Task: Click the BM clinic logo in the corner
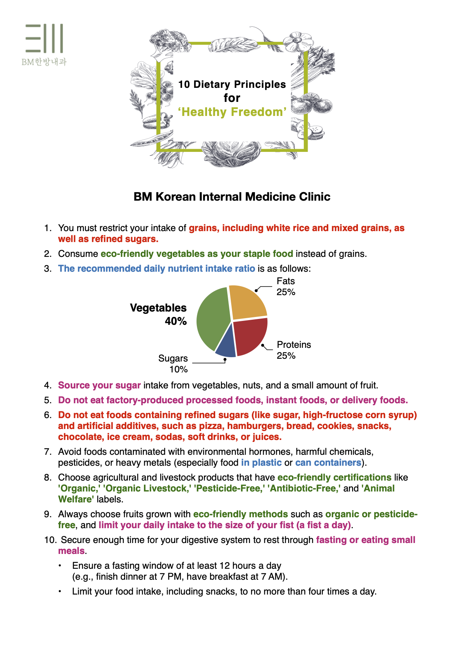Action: (x=44, y=44)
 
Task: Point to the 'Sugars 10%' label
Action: (x=173, y=363)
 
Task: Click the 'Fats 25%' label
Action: (x=286, y=287)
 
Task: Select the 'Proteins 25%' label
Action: (x=294, y=350)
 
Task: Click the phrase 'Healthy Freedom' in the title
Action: (x=232, y=112)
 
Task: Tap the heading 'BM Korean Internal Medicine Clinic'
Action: (x=232, y=196)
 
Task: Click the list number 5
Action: (x=48, y=400)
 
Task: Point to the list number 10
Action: (x=51, y=540)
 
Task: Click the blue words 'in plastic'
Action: (x=261, y=463)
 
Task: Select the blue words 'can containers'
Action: (x=328, y=463)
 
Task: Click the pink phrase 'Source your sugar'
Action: (x=99, y=385)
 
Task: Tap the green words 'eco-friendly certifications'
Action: (x=334, y=477)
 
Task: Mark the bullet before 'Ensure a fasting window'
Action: (x=60, y=566)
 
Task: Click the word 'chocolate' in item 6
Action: (x=80, y=437)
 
